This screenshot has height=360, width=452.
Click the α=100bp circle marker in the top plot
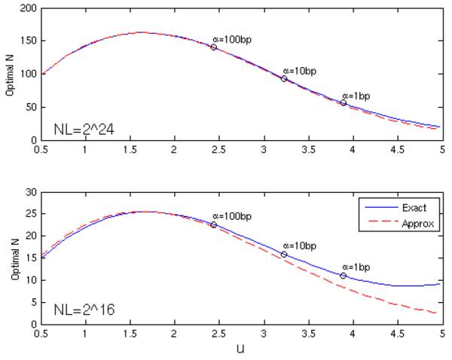click(x=213, y=47)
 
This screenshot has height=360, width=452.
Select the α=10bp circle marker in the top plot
click(x=284, y=78)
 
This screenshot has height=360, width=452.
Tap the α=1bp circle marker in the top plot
click(x=344, y=102)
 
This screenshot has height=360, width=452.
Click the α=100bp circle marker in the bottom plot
click(x=213, y=224)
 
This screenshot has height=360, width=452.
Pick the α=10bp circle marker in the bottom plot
click(x=284, y=255)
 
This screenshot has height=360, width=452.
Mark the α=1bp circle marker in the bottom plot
click(x=344, y=276)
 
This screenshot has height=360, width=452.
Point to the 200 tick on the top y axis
click(x=28, y=8)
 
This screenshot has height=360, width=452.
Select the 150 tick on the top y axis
click(x=28, y=41)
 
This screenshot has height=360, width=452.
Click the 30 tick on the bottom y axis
click(x=30, y=193)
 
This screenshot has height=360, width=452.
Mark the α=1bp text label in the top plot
click(x=356, y=96)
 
